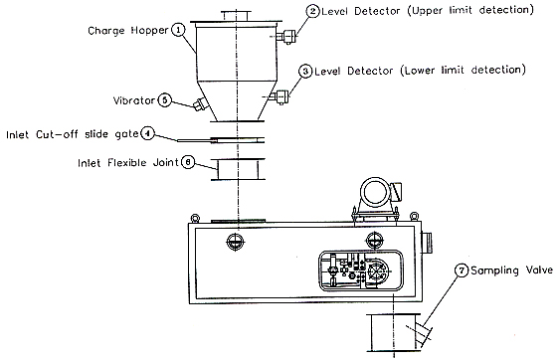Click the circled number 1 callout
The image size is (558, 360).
click(x=179, y=30)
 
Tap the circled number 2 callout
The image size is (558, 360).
click(x=312, y=11)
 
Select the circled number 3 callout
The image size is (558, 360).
click(x=305, y=72)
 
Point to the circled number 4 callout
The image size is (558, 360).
click(x=147, y=133)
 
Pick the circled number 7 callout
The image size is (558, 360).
click(x=462, y=270)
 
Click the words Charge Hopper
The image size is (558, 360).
click(x=128, y=31)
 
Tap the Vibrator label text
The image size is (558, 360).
click(x=134, y=100)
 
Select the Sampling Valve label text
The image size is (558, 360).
click(x=511, y=270)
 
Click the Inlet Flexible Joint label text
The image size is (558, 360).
click(x=128, y=162)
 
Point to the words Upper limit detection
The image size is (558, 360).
click(x=472, y=10)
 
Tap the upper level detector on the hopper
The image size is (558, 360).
click(x=287, y=37)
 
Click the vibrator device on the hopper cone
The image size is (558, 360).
click(x=199, y=103)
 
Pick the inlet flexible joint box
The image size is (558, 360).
click(x=238, y=169)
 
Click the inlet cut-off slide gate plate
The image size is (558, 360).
click(x=221, y=140)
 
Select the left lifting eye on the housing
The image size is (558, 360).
click(x=195, y=218)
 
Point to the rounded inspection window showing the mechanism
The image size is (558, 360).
click(x=360, y=270)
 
